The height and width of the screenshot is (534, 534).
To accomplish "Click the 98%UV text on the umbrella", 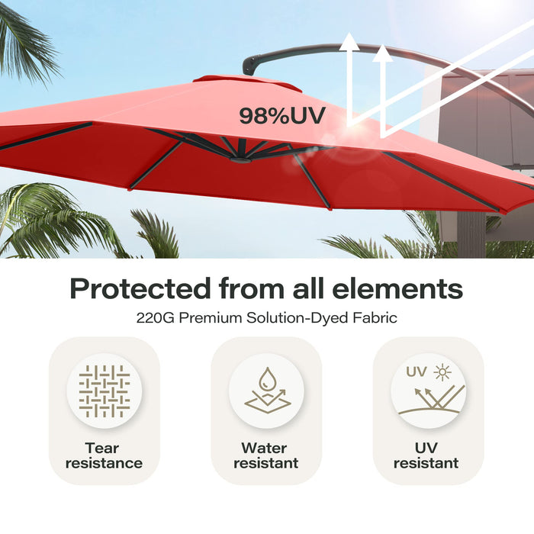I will coord(282,116).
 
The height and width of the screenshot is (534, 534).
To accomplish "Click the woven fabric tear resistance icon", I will coord(104,391).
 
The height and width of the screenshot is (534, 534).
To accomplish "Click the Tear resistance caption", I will coord(104,455).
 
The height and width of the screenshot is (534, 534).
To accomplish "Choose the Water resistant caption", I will coord(266,455).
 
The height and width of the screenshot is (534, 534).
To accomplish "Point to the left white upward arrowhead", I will coord(350,40).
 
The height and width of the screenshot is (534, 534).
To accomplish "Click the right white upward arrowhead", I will coord(383,53).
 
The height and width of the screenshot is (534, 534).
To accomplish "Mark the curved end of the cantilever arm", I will coord(249,66).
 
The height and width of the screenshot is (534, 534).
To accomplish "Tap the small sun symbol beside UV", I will coord(442,372).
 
